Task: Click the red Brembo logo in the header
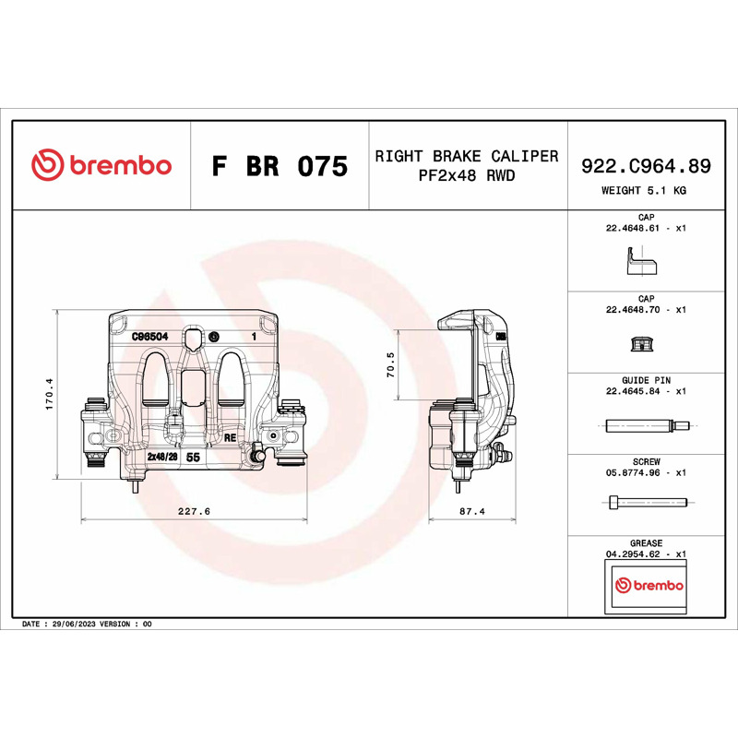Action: click(x=101, y=165)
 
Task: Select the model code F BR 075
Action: click(x=280, y=166)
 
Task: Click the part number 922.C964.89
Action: click(x=646, y=166)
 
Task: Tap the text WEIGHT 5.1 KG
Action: click(x=643, y=191)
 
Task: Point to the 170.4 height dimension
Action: click(x=50, y=394)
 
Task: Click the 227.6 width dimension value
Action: click(x=194, y=511)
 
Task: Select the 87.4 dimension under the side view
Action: click(x=472, y=511)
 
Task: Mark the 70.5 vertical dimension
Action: click(x=390, y=364)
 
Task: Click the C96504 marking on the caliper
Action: click(x=149, y=337)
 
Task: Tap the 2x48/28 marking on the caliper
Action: click(x=162, y=457)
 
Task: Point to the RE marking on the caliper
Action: click(x=230, y=437)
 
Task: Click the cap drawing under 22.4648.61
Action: click(x=641, y=261)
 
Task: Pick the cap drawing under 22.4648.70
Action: click(x=642, y=344)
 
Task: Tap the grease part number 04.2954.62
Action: click(x=633, y=554)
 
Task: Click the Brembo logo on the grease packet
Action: click(x=649, y=585)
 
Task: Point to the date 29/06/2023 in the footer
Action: click(x=74, y=625)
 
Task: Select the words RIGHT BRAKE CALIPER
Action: click(x=467, y=156)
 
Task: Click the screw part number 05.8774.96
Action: click(x=633, y=472)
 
